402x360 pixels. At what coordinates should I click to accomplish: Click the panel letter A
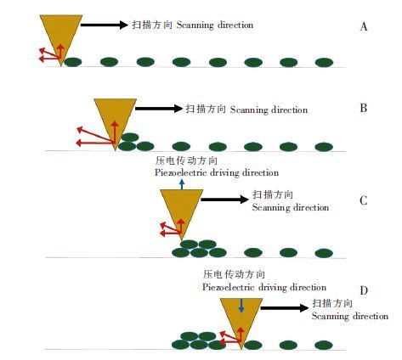click(x=364, y=26)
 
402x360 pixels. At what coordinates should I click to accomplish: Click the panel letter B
click(x=364, y=108)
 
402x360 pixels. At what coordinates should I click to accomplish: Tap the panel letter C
click(x=364, y=200)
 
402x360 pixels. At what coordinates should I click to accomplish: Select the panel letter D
click(x=364, y=290)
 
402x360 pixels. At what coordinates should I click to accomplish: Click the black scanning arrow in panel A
click(x=105, y=25)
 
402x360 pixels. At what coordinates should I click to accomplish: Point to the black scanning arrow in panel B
click(x=158, y=109)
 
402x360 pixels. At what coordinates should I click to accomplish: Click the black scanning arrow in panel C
click(x=224, y=200)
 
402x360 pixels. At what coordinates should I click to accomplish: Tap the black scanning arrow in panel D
click(x=284, y=307)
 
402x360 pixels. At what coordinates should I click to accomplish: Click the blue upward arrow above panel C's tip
click(x=182, y=184)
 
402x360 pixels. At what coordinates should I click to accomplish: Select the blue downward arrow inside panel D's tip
click(x=241, y=306)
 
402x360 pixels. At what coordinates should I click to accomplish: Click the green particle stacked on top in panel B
click(x=130, y=138)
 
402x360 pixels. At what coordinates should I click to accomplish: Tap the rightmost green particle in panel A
click(x=324, y=62)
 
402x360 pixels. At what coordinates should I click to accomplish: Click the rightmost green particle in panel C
click(x=324, y=253)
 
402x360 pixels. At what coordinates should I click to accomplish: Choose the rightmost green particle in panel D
click(x=324, y=346)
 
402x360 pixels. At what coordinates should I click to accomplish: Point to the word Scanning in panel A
click(x=195, y=25)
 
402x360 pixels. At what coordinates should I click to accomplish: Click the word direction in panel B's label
click(x=290, y=110)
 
